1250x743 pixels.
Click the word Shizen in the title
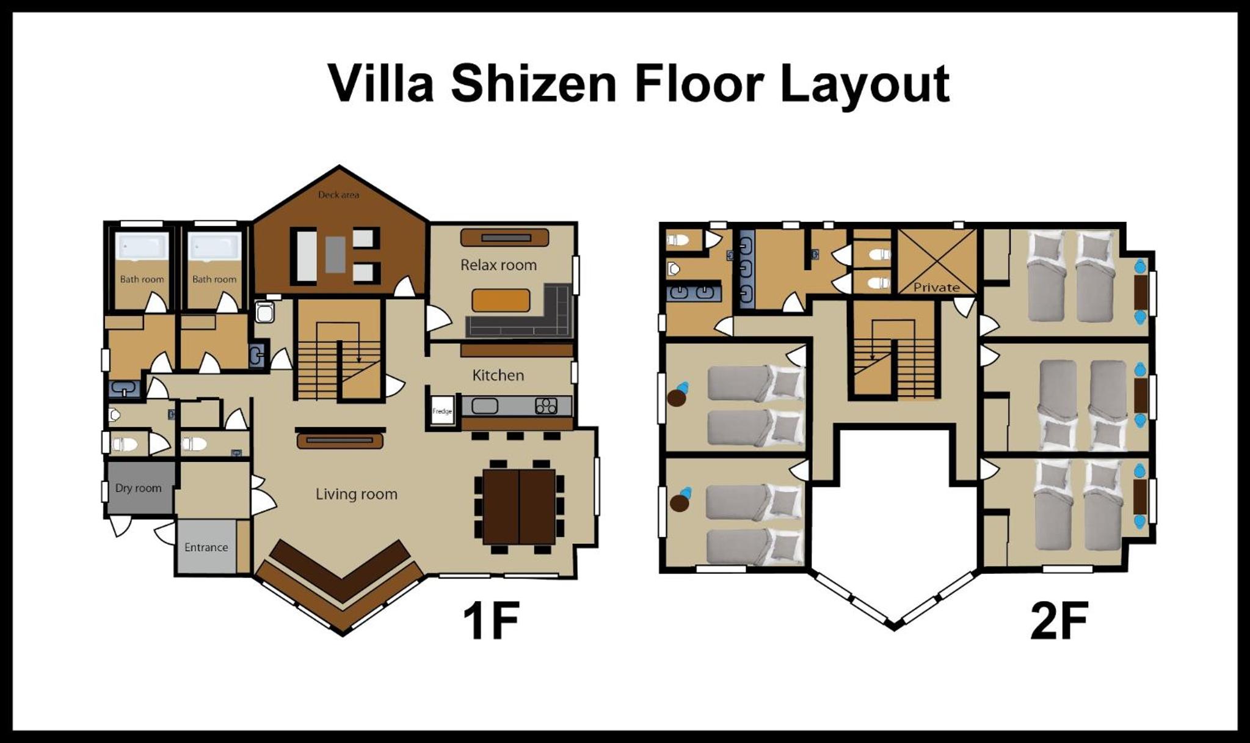tap(534, 83)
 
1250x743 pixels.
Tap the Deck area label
tap(338, 195)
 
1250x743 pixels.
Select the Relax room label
tap(498, 265)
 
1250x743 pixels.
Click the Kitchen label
tap(498, 375)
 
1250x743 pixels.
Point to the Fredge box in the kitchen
tap(442, 411)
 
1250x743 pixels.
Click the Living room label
tap(356, 494)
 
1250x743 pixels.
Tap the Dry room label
tap(139, 488)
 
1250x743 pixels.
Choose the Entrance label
tap(206, 547)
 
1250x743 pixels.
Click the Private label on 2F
tap(936, 287)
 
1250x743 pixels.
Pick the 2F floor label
tap(1059, 621)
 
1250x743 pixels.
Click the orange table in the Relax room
tap(501, 300)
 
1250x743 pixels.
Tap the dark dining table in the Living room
tap(519, 507)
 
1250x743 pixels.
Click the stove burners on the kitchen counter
tap(546, 406)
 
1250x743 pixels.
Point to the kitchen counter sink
tap(485, 406)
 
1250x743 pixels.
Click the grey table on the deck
tap(335, 255)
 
